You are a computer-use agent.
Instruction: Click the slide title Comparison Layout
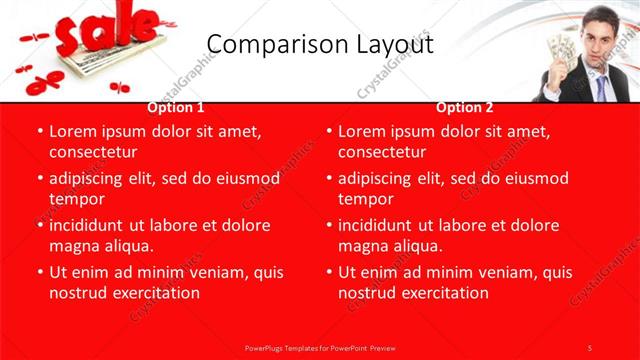tap(320, 44)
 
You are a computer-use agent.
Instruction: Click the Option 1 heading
tap(176, 107)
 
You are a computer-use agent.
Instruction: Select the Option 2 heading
tap(465, 107)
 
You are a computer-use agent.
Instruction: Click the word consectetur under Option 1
tap(92, 152)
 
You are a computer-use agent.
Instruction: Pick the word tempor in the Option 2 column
tap(364, 198)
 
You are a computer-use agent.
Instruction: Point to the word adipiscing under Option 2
tap(379, 178)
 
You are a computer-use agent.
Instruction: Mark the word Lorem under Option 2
tap(362, 131)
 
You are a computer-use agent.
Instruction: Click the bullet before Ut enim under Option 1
tap(39, 272)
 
